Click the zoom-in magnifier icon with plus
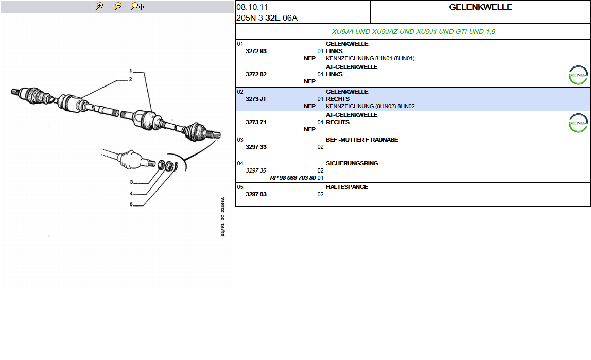point(99,6)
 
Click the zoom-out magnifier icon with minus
point(117,6)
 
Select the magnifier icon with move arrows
point(137,6)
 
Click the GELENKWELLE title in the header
point(480,7)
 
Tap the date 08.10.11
point(252,7)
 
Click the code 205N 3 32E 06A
point(267,18)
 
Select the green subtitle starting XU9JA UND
point(413,32)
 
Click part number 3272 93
point(256,52)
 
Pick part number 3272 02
point(256,75)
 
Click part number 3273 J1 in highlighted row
point(255,99)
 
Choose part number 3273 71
point(256,123)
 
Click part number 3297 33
point(256,147)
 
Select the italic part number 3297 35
point(256,171)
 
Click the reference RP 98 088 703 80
point(293,178)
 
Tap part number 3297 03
point(256,195)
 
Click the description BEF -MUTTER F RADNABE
point(362,140)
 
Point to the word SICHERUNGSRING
point(352,164)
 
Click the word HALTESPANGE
point(347,187)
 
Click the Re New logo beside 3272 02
point(578,75)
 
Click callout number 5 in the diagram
point(131,204)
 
